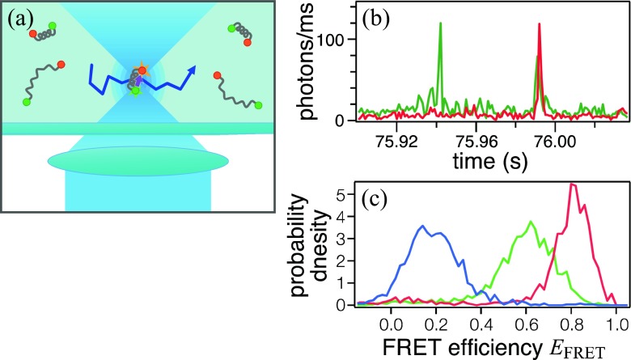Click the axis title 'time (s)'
coord(474,159)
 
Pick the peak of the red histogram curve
coord(573,184)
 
